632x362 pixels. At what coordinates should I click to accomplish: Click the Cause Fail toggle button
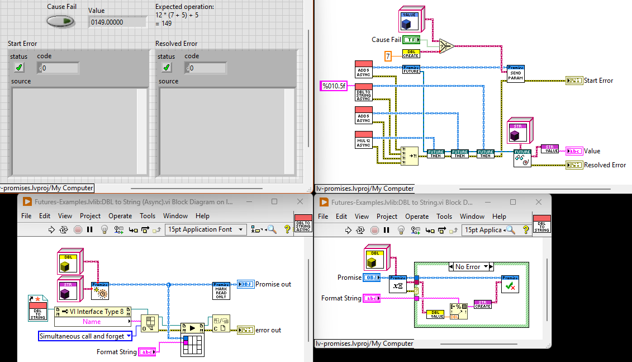pos(61,21)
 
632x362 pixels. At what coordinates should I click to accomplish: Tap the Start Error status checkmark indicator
pos(19,68)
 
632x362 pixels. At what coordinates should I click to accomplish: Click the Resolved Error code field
pos(208,68)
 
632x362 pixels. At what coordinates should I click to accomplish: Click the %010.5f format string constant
pos(334,86)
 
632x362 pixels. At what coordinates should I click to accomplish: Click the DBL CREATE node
pos(411,53)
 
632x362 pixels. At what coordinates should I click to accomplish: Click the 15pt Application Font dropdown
pos(206,229)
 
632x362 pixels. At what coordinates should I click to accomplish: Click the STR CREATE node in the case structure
pos(482,304)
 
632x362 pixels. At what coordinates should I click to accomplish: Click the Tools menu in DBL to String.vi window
pos(444,217)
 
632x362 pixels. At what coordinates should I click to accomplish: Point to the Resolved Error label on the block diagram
pos(605,165)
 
